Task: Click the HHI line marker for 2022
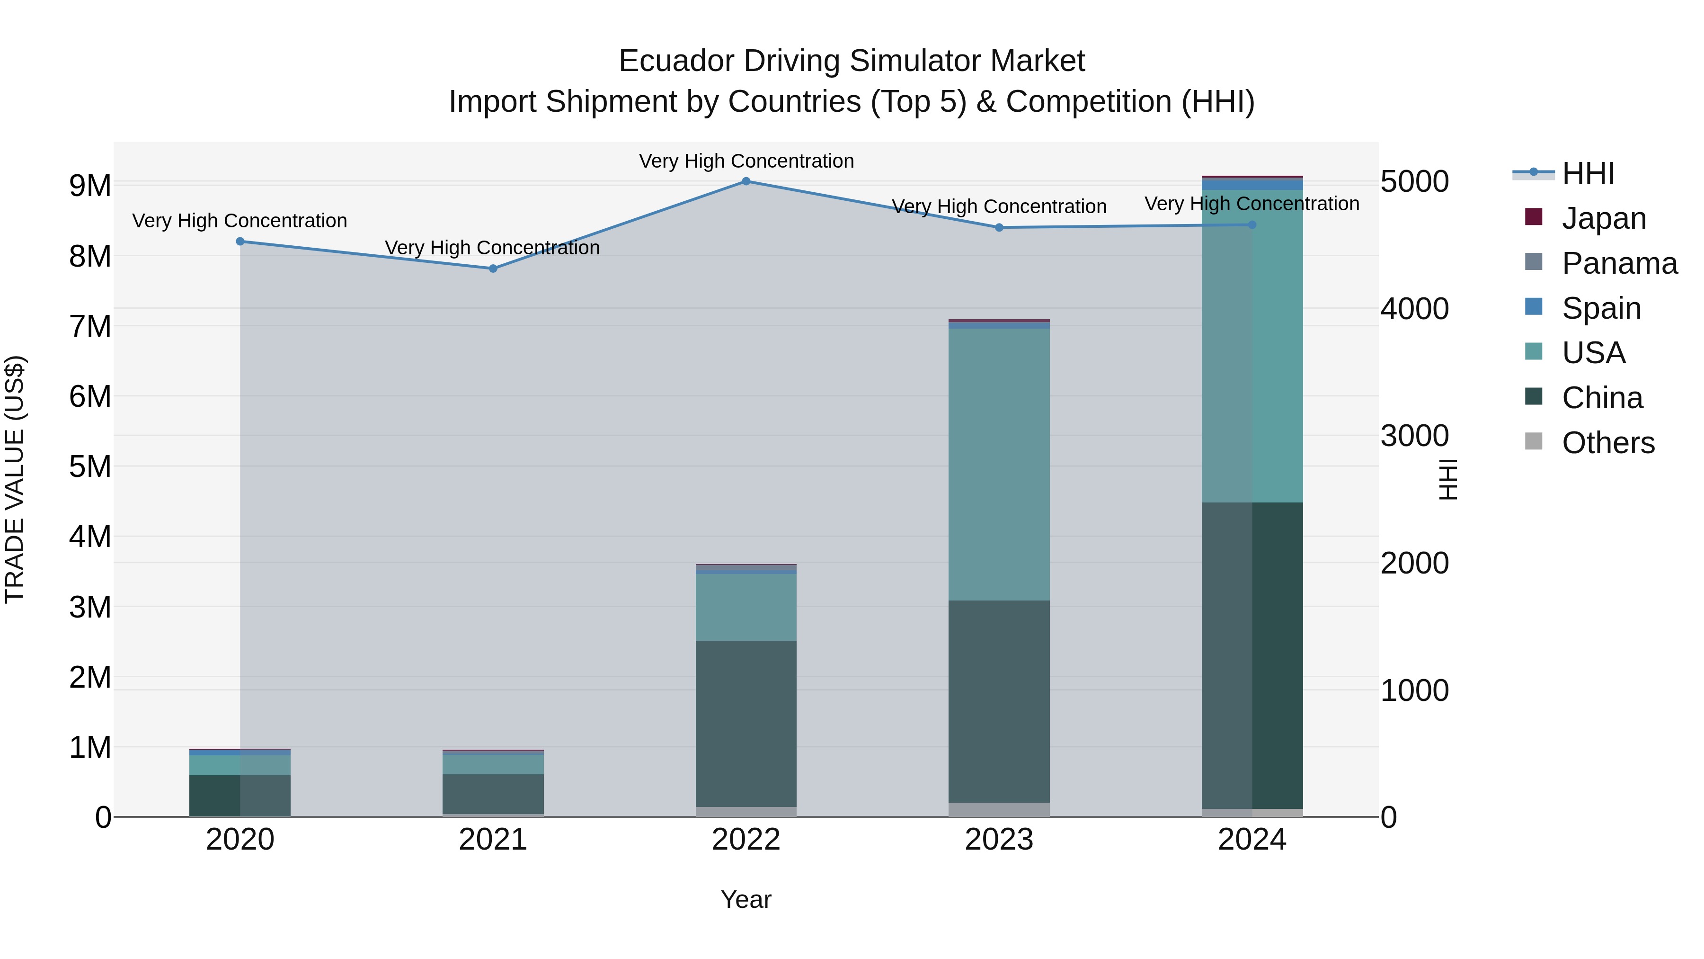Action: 745,181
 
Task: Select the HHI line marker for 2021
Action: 493,269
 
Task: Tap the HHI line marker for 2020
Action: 240,242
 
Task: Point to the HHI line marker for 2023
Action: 999,228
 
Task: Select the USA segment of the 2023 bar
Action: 999,465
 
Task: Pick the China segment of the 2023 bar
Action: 999,701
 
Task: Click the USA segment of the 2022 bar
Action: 745,607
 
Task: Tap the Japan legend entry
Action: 1604,218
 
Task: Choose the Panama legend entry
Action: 1619,263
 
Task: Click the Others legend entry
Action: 1607,443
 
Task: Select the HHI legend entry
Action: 1588,173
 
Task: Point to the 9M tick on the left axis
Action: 90,186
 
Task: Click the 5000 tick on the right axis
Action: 1414,181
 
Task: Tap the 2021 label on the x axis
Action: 493,840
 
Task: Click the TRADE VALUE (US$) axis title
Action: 15,479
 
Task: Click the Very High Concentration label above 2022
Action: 745,161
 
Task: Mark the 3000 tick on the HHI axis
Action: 1414,436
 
